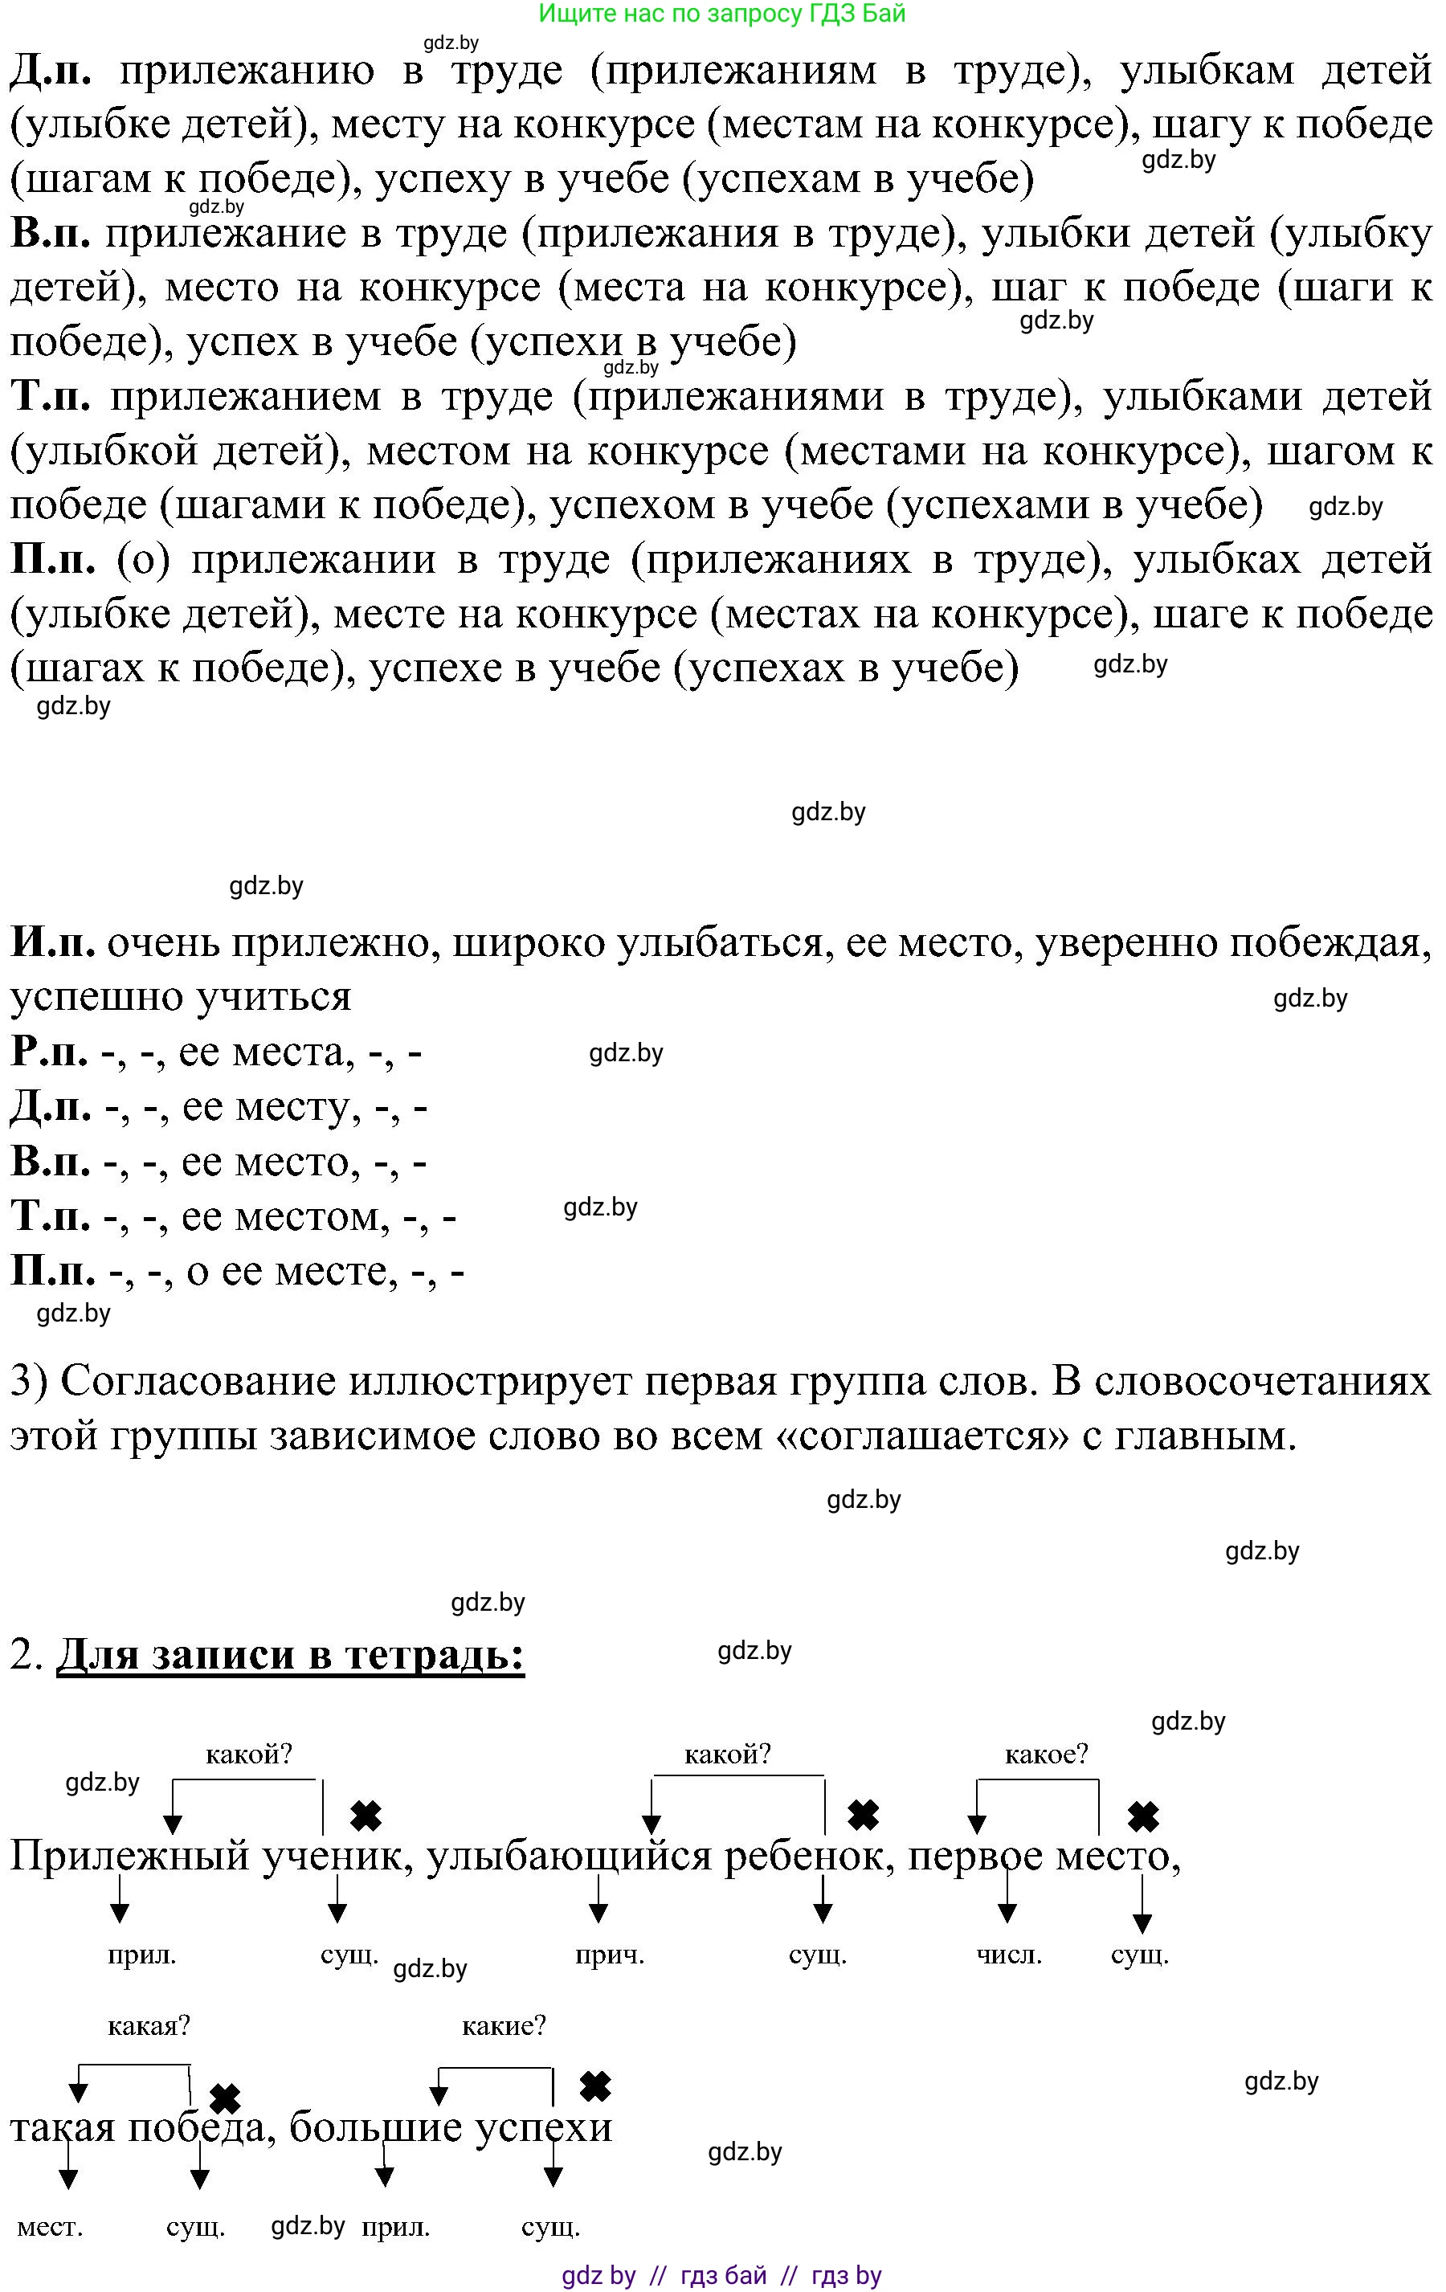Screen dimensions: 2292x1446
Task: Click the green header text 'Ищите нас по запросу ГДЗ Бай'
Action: (x=721, y=14)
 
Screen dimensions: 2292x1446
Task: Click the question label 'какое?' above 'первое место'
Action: (x=1045, y=1753)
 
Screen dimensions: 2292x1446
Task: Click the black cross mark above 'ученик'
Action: (x=366, y=1816)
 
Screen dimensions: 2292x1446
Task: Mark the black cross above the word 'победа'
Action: (x=225, y=2098)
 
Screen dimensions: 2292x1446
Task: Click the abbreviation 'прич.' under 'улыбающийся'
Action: (x=609, y=1955)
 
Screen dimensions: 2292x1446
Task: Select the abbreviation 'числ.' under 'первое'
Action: (x=1008, y=1955)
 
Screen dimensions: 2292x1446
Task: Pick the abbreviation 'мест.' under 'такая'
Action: (x=51, y=2227)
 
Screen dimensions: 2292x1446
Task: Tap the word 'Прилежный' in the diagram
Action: (x=128, y=1856)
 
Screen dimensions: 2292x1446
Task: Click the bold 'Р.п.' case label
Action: (x=51, y=1051)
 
